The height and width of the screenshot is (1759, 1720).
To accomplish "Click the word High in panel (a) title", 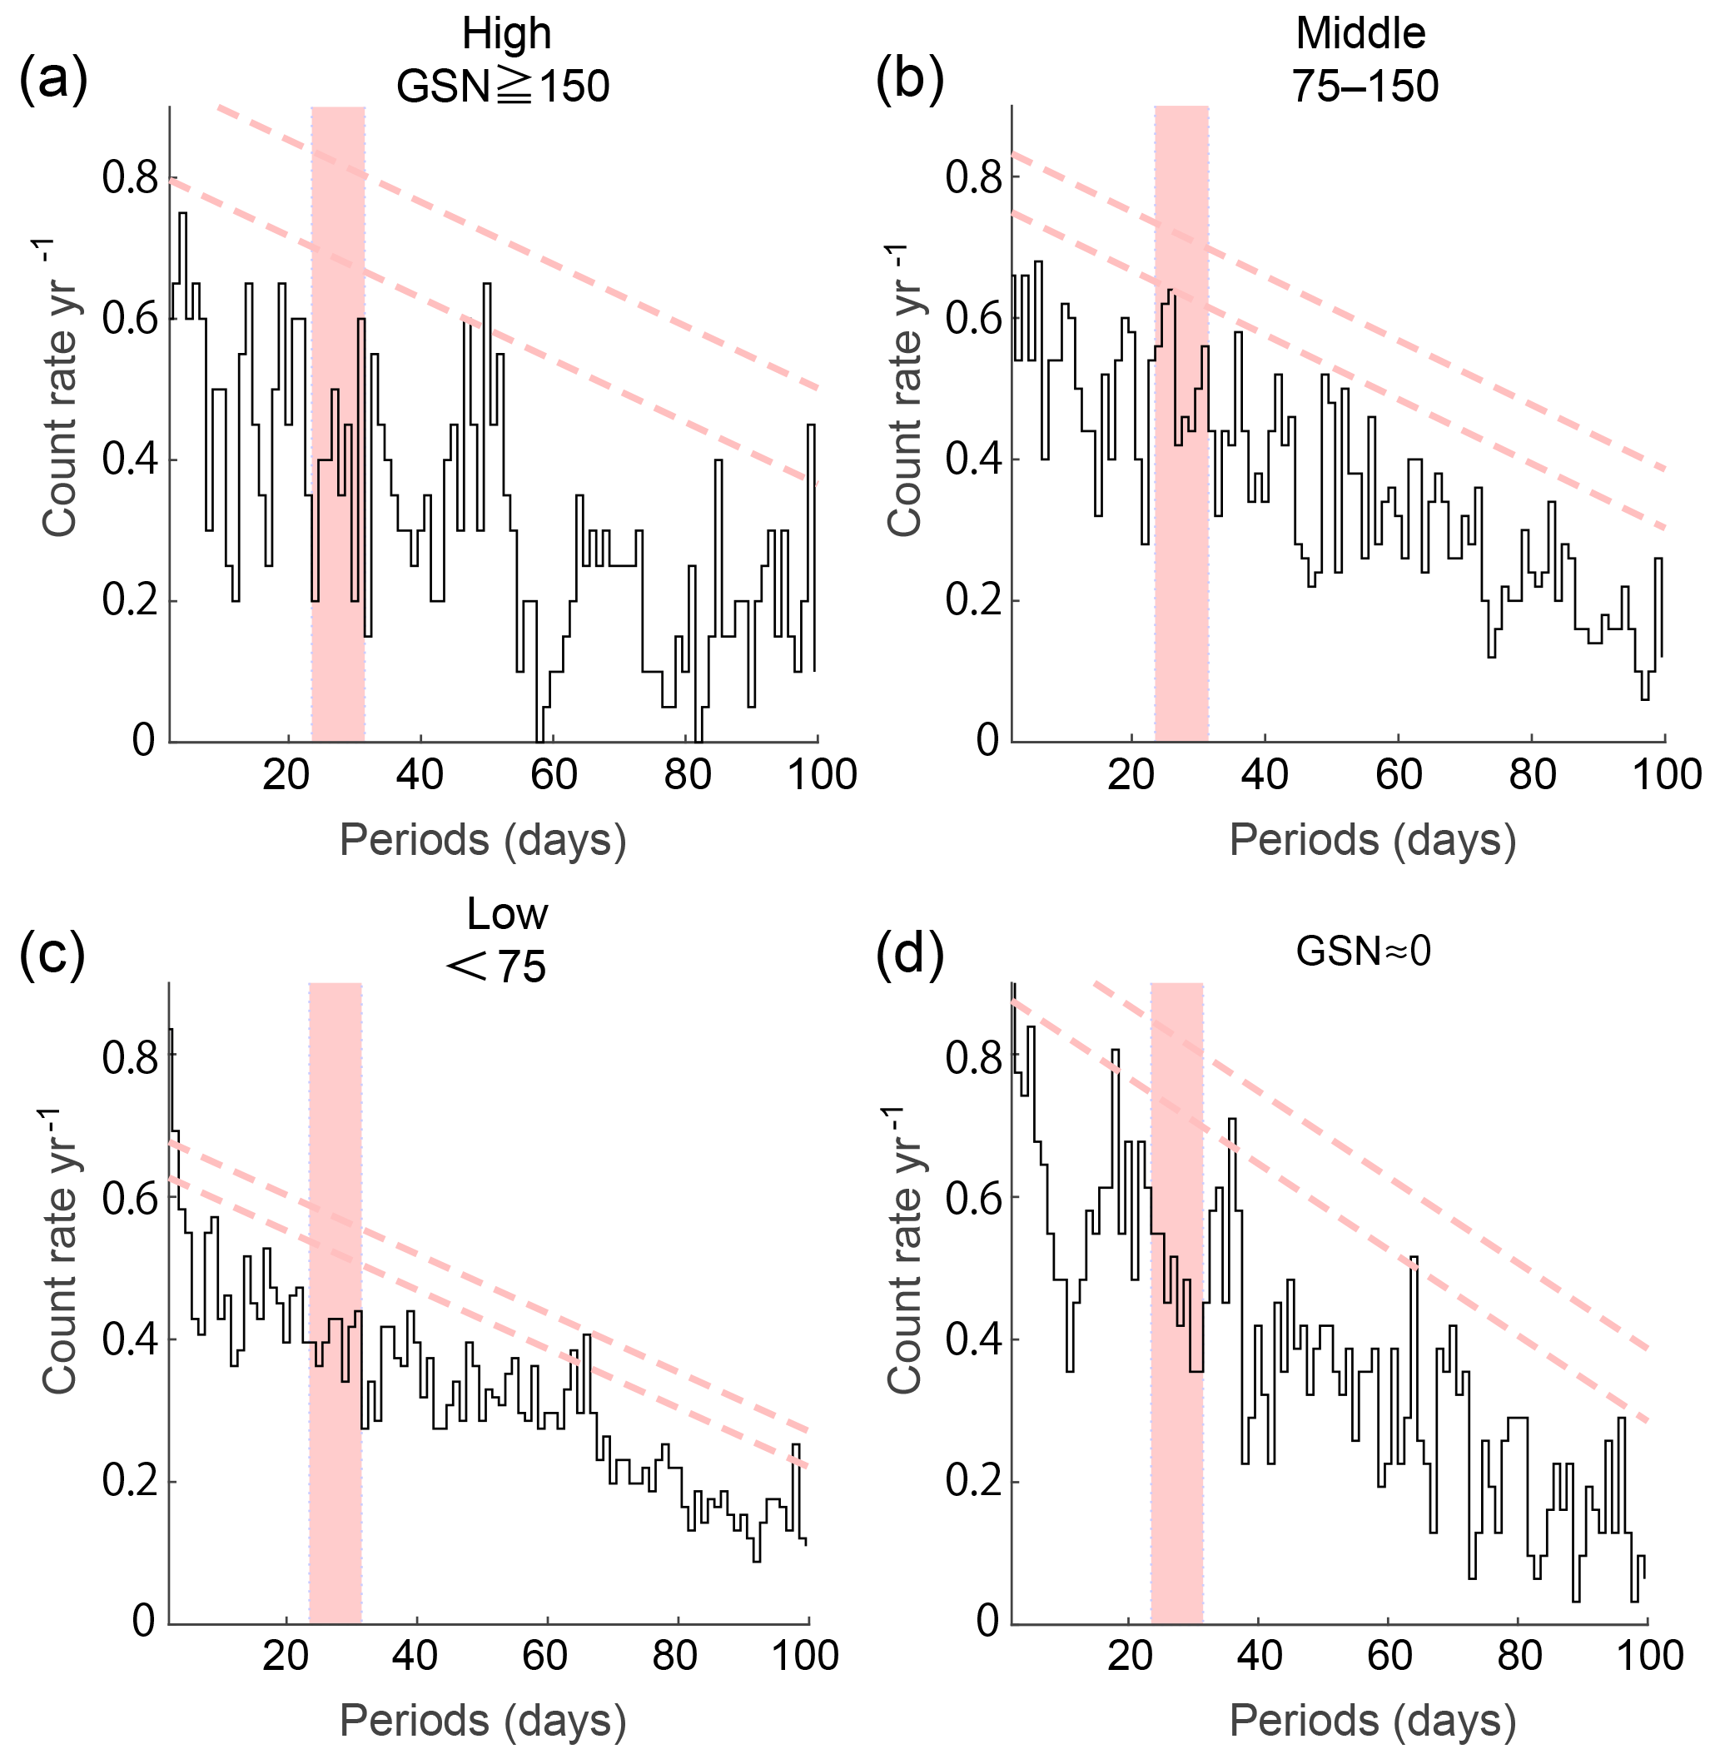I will [x=506, y=34].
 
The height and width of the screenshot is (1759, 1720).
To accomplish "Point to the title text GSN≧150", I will [x=503, y=87].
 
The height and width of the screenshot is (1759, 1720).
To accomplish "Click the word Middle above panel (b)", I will [x=1360, y=34].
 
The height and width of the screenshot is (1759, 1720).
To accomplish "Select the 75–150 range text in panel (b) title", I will [x=1364, y=87].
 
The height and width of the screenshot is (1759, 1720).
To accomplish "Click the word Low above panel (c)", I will [x=507, y=914].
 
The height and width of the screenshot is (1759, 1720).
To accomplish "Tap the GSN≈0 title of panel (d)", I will [x=1363, y=952].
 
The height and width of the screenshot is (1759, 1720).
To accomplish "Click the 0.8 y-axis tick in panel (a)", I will [x=130, y=179].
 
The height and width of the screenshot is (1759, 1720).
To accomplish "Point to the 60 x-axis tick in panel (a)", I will [x=553, y=775].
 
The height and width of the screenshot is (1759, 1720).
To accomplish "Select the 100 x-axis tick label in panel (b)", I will [x=1667, y=775].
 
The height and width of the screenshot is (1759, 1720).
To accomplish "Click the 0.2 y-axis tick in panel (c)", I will [x=130, y=1483].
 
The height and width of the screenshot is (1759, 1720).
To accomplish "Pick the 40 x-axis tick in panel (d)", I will [x=1260, y=1655].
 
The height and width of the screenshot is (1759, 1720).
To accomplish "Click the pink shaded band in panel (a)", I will [x=338, y=425].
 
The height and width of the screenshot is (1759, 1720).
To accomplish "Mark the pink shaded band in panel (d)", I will [x=1177, y=1301].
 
